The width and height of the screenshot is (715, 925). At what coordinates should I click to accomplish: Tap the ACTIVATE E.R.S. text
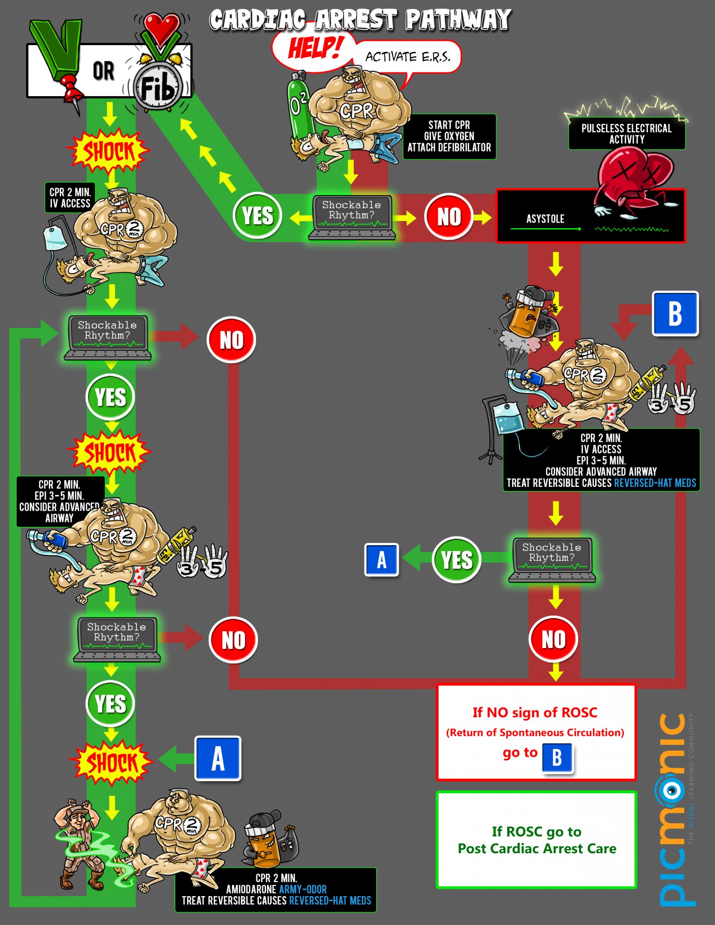coord(407,57)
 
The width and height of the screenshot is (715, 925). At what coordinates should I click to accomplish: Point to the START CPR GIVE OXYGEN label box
coord(449,136)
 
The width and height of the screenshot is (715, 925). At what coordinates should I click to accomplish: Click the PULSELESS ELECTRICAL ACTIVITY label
coord(626,134)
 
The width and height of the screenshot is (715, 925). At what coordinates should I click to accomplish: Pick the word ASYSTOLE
coord(545,219)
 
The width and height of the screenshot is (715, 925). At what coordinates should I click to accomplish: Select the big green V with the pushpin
coord(58,50)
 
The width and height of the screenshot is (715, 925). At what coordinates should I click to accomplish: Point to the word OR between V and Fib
coord(103,71)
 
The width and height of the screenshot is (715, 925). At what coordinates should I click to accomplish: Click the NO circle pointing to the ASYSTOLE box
coord(449,217)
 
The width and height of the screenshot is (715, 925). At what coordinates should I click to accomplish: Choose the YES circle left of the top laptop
coord(257,215)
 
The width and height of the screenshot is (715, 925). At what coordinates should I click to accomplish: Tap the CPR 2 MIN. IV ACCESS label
coord(70,198)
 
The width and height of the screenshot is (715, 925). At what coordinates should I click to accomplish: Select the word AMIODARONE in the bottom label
coord(251,889)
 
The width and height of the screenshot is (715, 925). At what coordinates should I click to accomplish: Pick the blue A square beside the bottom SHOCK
coord(218,758)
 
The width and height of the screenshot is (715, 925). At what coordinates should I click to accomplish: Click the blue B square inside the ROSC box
coord(557,757)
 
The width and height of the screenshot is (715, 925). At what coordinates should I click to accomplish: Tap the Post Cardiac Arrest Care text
coord(537,849)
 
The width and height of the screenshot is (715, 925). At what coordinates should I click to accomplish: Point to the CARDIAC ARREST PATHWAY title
coord(360,20)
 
